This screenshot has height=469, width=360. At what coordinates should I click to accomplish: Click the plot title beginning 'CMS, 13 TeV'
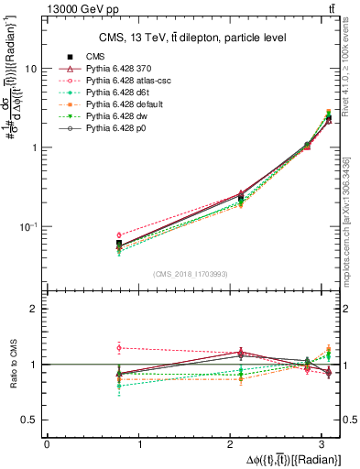tap(193, 38)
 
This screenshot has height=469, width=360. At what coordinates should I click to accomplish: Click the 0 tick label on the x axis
tap(47, 444)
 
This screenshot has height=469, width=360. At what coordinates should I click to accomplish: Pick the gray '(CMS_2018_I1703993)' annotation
tap(191, 272)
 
